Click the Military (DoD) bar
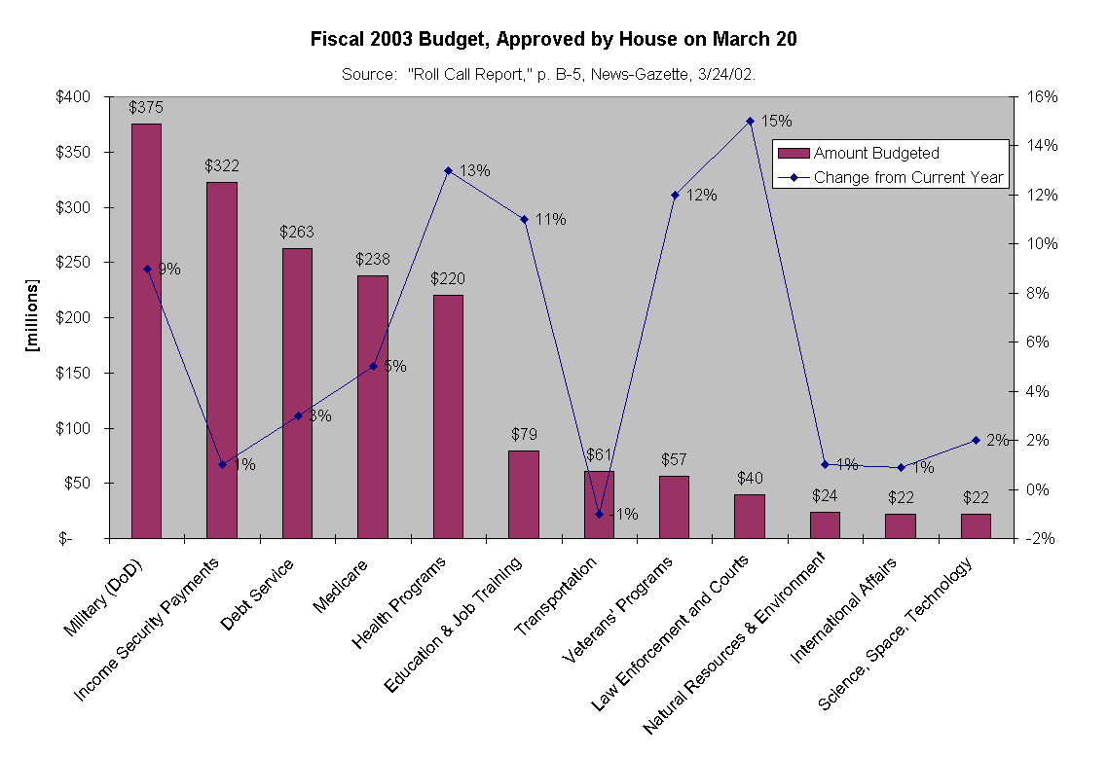(146, 331)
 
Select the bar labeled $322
(221, 360)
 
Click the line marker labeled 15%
(750, 121)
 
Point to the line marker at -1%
(599, 514)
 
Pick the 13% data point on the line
(448, 170)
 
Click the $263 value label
(296, 232)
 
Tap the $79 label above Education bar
(523, 434)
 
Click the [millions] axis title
(33, 317)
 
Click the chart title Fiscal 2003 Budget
(553, 40)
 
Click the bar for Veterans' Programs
(674, 506)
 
